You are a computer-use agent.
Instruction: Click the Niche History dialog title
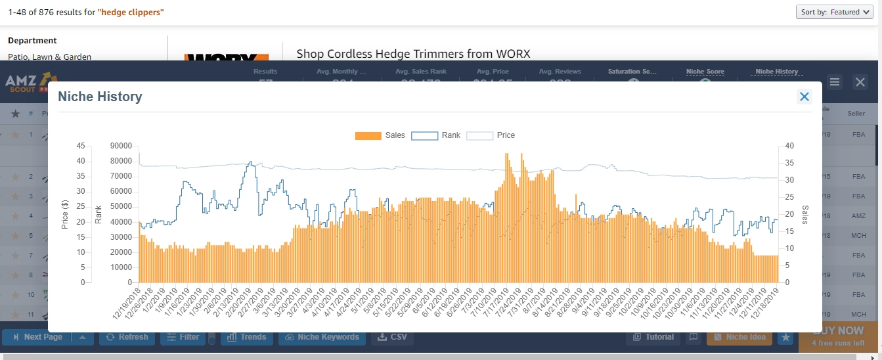coord(100,97)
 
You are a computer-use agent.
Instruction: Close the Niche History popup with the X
coord(804,97)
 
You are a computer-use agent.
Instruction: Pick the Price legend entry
coord(491,135)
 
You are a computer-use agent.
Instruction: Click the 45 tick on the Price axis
coord(79,146)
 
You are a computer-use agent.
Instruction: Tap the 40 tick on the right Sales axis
coord(789,146)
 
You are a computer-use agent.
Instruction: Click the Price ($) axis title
coord(65,214)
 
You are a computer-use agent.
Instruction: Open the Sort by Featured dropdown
coord(835,12)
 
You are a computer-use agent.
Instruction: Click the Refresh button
coord(125,337)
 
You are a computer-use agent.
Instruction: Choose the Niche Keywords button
coord(321,337)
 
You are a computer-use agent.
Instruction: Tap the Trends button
coord(246,337)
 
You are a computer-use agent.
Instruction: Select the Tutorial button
coord(653,337)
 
